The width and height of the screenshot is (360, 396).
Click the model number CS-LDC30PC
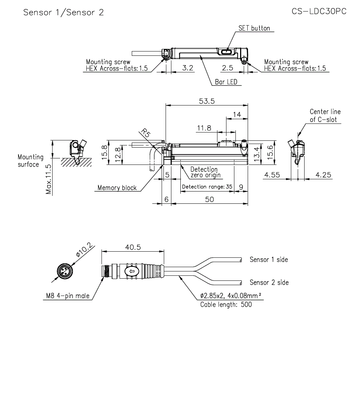tap(319, 12)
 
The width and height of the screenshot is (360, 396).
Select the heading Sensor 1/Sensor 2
tap(63, 13)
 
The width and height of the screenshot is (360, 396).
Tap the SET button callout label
tap(254, 28)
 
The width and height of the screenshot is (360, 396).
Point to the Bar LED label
tap(226, 82)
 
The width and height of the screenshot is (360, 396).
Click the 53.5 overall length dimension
tap(207, 101)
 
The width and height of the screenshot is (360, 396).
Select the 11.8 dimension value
tap(204, 128)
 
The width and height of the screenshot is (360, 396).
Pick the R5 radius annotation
tap(145, 133)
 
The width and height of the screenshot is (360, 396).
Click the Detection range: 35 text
tap(207, 187)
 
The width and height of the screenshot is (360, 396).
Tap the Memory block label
tap(117, 188)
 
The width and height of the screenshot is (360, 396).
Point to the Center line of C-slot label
tap(325, 116)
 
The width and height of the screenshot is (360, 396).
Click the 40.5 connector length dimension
tap(133, 247)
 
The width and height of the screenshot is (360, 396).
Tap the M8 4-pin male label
tap(67, 296)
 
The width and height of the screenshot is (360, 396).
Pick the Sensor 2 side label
tap(269, 283)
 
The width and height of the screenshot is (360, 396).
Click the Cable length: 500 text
tap(226, 305)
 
